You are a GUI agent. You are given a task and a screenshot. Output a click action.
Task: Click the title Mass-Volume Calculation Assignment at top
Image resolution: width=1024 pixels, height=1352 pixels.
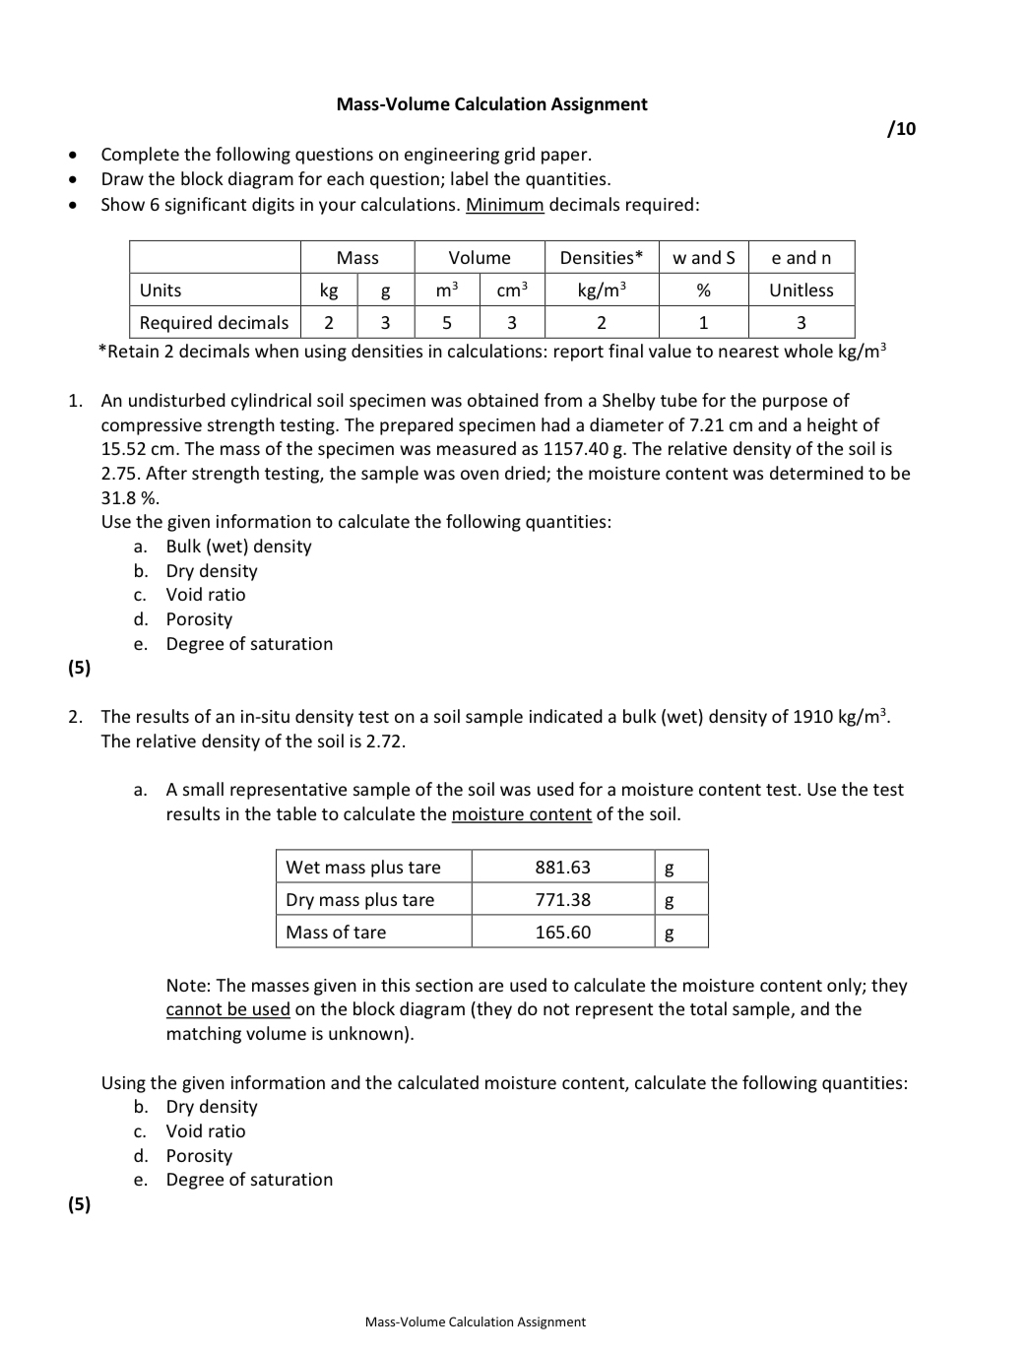coord(491,104)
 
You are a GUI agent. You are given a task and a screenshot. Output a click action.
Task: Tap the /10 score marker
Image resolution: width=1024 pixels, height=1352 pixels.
coord(901,129)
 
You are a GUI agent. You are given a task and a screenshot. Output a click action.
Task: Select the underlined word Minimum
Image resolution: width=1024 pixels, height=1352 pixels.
coord(504,205)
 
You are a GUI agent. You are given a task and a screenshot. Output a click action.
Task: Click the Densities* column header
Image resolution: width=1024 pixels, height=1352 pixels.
coord(601,258)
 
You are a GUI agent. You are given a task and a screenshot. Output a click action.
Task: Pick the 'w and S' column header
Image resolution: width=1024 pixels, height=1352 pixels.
coord(703,258)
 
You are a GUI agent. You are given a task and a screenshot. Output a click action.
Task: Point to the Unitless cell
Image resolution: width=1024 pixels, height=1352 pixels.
coord(800,290)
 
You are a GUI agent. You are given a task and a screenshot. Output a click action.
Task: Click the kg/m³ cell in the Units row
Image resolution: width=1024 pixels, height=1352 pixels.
coord(601,290)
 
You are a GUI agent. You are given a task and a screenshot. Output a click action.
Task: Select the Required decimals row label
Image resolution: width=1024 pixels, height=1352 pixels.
coord(214,323)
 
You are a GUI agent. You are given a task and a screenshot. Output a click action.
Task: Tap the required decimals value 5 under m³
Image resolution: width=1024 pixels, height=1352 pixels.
coord(446,323)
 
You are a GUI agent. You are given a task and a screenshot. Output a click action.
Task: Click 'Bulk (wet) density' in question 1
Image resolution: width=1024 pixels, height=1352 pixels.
coord(238,547)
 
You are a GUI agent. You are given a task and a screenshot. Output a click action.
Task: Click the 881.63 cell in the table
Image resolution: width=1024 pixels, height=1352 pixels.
coord(562,868)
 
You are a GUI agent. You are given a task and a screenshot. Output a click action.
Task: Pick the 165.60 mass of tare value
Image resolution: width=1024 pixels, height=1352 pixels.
coord(562,933)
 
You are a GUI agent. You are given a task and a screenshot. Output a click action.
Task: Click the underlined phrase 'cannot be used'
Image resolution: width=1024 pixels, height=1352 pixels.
coord(227,1009)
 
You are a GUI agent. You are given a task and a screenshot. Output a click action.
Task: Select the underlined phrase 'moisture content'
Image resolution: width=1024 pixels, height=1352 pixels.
coord(521,814)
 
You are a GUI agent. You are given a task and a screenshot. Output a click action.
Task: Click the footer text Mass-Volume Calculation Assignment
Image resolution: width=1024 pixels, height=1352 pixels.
coord(475,1322)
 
